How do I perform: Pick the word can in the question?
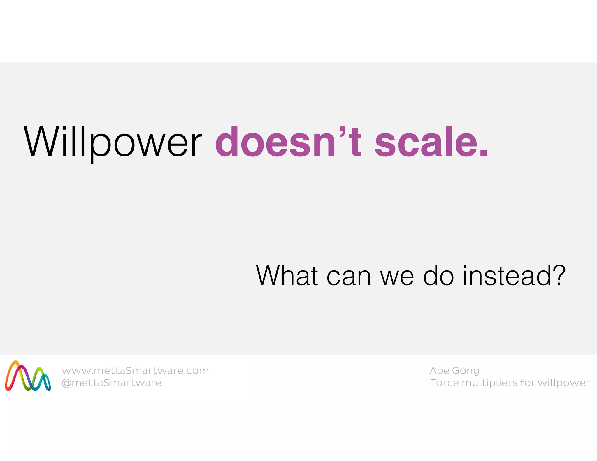(x=349, y=276)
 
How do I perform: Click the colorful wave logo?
(x=28, y=376)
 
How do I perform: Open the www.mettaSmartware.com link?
(x=135, y=371)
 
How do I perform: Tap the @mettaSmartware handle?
(x=111, y=383)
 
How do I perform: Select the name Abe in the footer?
(x=439, y=370)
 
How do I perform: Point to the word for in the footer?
(x=528, y=383)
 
